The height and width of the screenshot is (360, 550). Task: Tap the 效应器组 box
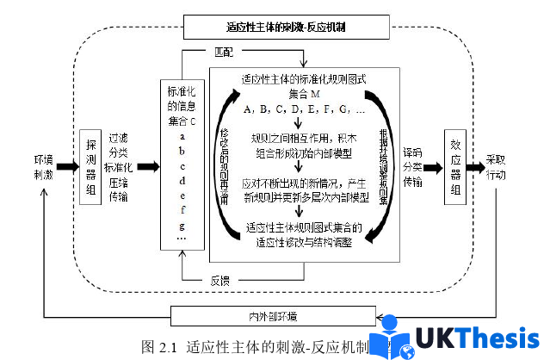tap(455, 168)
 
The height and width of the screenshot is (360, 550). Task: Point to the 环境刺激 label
tap(44, 167)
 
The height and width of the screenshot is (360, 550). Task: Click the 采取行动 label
tap(503, 166)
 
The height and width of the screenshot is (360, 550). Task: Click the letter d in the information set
tap(182, 180)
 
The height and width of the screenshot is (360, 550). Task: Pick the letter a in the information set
tap(182, 136)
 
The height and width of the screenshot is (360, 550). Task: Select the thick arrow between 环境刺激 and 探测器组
tap(67, 166)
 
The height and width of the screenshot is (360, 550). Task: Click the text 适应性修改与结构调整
tap(304, 241)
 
